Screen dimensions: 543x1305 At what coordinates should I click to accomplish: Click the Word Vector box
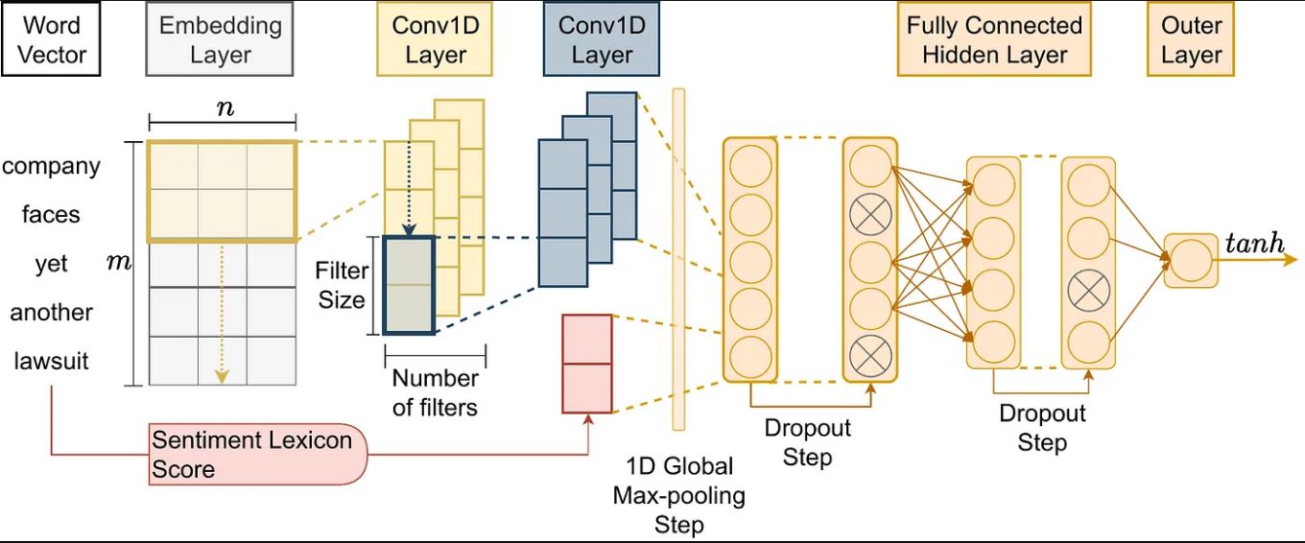(x=51, y=39)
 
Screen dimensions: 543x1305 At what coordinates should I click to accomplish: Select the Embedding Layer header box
(x=219, y=39)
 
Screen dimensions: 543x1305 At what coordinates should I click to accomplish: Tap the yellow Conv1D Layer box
(x=435, y=39)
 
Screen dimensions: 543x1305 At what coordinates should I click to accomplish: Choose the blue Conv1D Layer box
(x=601, y=39)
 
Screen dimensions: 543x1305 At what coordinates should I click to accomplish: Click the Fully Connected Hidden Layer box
(x=994, y=39)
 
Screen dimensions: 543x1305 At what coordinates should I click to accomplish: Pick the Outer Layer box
(x=1191, y=39)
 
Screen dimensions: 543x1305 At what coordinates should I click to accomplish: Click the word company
(x=51, y=166)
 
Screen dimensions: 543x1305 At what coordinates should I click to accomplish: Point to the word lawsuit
(x=51, y=362)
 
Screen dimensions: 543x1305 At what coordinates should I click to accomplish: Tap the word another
(x=51, y=313)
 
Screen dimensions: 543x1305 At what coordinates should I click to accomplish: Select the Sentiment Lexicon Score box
(x=254, y=454)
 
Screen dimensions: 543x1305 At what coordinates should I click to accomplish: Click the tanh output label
(x=1254, y=243)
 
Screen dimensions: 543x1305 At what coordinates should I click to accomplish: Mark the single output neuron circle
(x=1190, y=260)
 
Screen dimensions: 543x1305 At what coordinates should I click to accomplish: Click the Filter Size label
(x=342, y=285)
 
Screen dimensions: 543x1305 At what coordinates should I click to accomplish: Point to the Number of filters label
(x=435, y=392)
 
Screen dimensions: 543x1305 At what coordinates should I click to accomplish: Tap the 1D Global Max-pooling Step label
(x=678, y=495)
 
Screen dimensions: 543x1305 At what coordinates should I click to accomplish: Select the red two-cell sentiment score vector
(x=586, y=364)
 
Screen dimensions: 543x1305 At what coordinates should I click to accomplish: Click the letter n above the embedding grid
(x=224, y=107)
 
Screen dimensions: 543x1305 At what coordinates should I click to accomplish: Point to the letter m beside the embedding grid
(x=119, y=261)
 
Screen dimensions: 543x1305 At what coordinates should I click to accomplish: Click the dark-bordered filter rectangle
(x=409, y=284)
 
